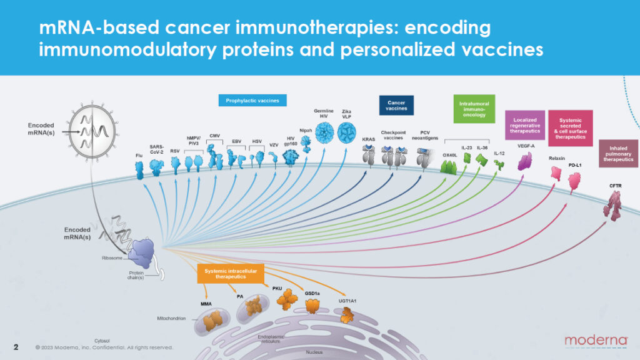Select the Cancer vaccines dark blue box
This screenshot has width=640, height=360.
(397, 105)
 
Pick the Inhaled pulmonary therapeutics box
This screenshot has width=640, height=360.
(618, 152)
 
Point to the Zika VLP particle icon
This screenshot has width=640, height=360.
(347, 133)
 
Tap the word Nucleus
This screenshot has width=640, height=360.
(314, 352)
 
